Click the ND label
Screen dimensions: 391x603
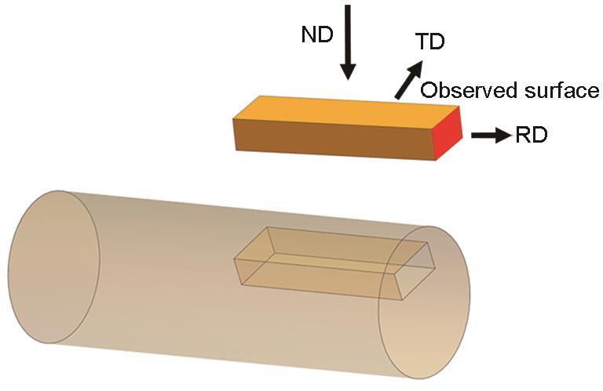click(318, 36)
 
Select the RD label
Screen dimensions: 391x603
click(532, 136)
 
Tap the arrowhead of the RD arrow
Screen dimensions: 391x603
click(504, 136)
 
